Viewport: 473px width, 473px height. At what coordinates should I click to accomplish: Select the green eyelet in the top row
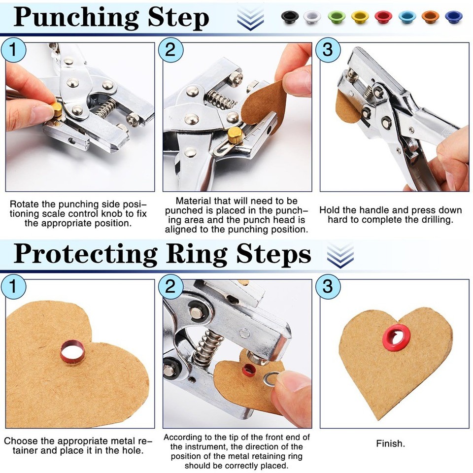tap(336, 17)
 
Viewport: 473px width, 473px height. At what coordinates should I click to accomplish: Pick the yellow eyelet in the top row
tap(360, 17)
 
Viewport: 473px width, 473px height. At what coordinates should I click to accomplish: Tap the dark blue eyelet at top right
tap(453, 17)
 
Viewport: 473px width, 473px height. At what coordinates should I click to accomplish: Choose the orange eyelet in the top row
tap(430, 17)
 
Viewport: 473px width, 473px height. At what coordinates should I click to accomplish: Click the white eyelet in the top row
tap(312, 17)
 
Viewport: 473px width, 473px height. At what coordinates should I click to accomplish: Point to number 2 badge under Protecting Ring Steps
tap(170, 286)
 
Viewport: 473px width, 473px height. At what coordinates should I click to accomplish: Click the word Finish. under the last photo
tap(390, 443)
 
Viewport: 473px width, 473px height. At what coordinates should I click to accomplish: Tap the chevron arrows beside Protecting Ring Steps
tap(340, 255)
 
